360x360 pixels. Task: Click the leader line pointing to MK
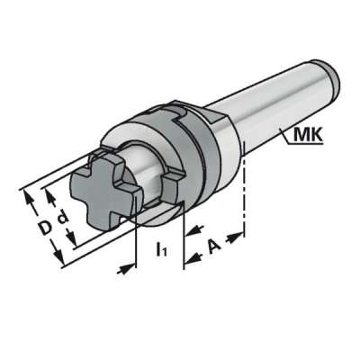[269, 133]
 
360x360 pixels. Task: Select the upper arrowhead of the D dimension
[27, 193]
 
